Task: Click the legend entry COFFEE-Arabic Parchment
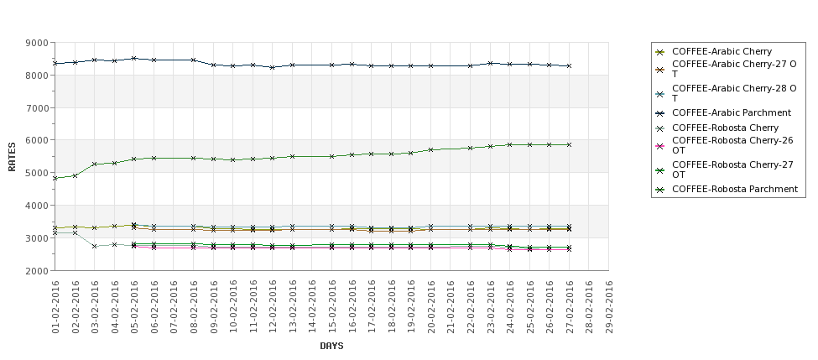click(x=732, y=112)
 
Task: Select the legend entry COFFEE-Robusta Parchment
click(x=735, y=189)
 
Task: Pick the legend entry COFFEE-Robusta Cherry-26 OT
click(x=733, y=146)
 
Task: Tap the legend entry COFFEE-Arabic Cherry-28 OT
click(x=733, y=92)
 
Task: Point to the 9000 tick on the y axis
click(x=37, y=43)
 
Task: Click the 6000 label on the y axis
click(x=37, y=140)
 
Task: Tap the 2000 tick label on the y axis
click(x=37, y=271)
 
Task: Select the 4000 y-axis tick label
click(x=37, y=206)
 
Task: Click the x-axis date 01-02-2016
click(x=55, y=308)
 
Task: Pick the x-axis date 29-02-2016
click(x=609, y=308)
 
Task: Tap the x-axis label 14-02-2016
click(x=312, y=308)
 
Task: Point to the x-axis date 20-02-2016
click(x=431, y=308)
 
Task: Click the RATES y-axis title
click(x=12, y=156)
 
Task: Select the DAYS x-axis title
click(x=331, y=346)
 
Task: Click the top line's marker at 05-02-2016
click(x=134, y=59)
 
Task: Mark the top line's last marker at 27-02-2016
click(x=569, y=65)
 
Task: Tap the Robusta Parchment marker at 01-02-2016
click(x=55, y=178)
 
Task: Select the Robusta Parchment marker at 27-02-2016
click(x=569, y=144)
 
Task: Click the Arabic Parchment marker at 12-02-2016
click(x=273, y=67)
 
